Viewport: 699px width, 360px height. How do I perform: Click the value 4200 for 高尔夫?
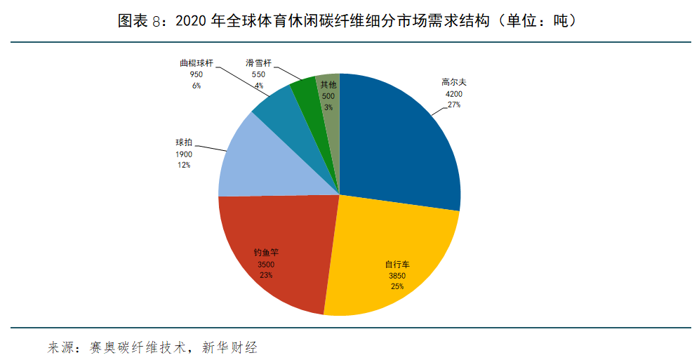pos(453,93)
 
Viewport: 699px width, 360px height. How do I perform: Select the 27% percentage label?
pos(453,104)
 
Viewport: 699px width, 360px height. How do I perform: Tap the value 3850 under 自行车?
pos(397,276)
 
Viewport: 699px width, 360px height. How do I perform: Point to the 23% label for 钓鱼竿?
pos(266,275)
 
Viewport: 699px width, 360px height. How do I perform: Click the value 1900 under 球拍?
pos(184,154)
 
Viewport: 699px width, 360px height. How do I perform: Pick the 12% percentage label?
pos(184,165)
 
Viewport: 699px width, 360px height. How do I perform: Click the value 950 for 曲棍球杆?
pos(196,74)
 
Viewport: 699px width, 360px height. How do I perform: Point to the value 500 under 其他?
pos(328,96)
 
